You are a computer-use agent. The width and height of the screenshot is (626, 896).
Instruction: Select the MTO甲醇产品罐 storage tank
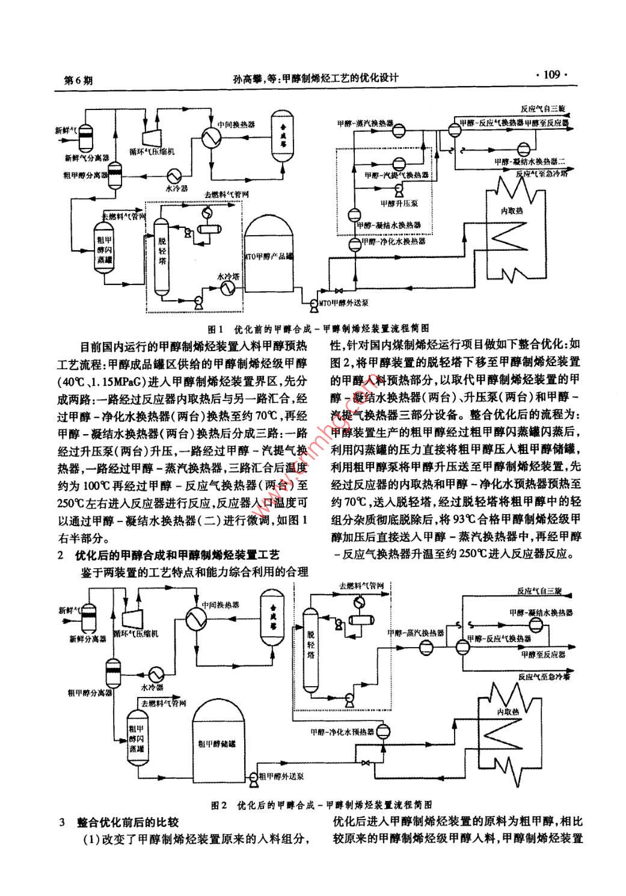tap(268, 256)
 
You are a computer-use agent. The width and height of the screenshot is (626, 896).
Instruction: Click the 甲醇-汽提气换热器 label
tap(396, 175)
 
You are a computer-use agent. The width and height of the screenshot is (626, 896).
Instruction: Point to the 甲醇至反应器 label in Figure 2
tap(545, 654)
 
